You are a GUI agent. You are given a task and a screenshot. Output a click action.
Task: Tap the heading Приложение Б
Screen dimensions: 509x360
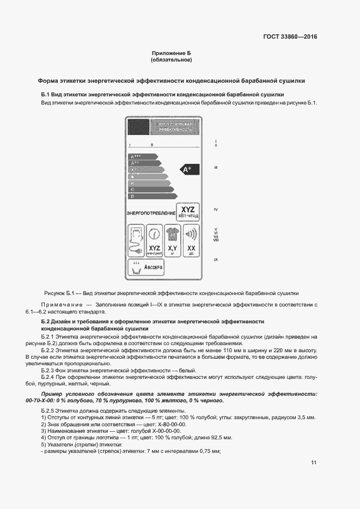coord(171,52)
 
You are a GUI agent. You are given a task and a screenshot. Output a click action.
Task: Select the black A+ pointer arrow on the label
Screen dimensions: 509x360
coord(188,170)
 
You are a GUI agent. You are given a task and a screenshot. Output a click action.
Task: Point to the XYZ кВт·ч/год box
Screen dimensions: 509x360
coord(188,212)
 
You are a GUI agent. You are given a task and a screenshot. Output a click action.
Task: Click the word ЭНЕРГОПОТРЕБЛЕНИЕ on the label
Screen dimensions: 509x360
coord(151,213)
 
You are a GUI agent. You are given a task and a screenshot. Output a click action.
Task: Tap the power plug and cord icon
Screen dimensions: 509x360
coord(135,241)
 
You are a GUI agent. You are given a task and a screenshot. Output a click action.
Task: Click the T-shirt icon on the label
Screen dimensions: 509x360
coord(174,235)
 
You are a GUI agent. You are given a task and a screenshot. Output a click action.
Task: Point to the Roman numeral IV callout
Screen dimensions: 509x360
coord(216,210)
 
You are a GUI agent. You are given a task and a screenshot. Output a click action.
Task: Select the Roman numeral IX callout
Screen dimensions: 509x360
coord(216,260)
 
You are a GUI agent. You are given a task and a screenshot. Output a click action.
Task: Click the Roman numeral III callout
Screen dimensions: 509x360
coord(216,168)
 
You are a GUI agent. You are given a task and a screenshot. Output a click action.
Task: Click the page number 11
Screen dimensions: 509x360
coord(314,463)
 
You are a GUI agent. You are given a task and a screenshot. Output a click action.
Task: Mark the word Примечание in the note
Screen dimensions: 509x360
coord(60,304)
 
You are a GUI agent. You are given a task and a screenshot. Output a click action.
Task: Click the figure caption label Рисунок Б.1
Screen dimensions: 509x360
coord(57,292)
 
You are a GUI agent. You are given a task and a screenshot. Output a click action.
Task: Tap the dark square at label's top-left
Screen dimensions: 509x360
coord(135,127)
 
